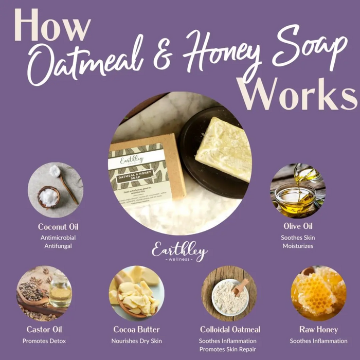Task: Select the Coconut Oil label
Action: (x=58, y=226)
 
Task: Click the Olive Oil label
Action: (x=297, y=226)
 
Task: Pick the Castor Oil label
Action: (x=44, y=329)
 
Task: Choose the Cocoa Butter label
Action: (x=136, y=329)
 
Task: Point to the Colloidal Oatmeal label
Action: (x=230, y=329)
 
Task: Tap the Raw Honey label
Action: (x=318, y=329)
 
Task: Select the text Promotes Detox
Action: (x=44, y=341)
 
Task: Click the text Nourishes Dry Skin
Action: (x=136, y=341)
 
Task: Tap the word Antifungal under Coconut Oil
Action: (x=58, y=246)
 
